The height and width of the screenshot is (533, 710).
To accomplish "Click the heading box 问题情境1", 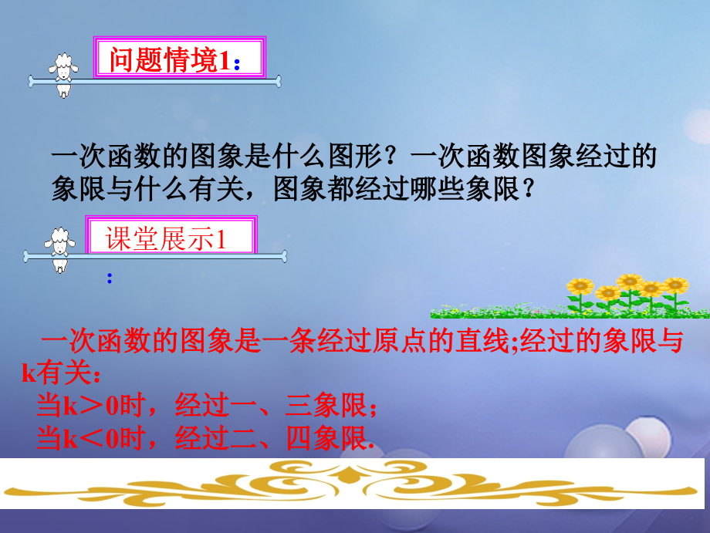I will pyautogui.click(x=178, y=59).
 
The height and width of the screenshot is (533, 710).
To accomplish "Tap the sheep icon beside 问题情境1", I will pyautogui.click(x=63, y=73).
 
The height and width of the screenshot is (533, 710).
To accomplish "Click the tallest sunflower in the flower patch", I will pyautogui.click(x=629, y=282).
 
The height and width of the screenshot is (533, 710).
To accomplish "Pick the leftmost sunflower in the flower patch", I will pyautogui.click(x=579, y=288).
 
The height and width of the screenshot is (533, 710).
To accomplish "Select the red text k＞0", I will pyautogui.click(x=91, y=406).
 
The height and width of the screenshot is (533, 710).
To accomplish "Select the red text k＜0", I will pyautogui.click(x=91, y=439).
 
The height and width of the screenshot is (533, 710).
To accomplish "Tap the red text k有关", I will pyautogui.click(x=56, y=374).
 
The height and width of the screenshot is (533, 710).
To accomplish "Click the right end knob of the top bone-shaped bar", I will pyautogui.click(x=277, y=81).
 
